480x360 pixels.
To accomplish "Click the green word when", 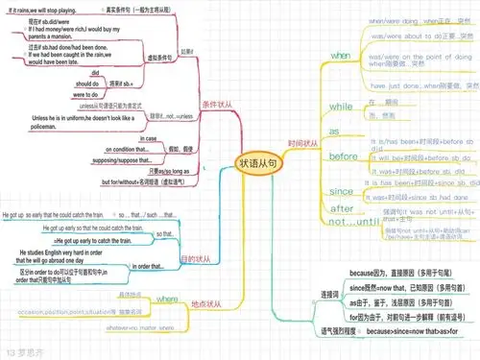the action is pos(341,57).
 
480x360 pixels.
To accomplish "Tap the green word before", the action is pos(343,156).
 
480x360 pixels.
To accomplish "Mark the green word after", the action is pos(342,208).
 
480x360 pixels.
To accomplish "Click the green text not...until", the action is pos(349,222).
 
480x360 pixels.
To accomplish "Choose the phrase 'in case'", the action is pos(148,139).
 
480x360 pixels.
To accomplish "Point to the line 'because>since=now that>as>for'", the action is pos(413,331).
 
